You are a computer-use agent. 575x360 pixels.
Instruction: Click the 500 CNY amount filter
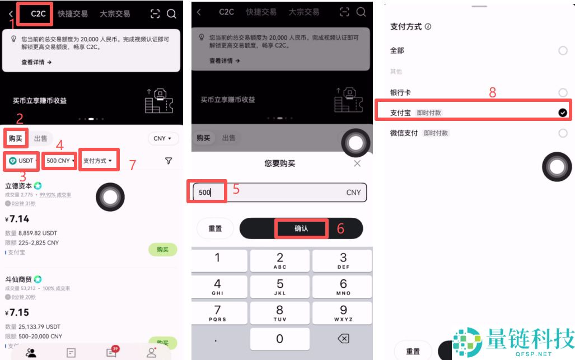point(59,161)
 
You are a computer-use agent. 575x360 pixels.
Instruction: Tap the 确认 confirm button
point(301,228)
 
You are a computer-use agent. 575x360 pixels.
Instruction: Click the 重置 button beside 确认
point(215,228)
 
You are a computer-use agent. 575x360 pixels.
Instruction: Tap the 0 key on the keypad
point(280,339)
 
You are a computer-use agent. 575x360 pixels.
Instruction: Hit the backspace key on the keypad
point(343,339)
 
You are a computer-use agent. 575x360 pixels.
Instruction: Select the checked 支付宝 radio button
point(563,113)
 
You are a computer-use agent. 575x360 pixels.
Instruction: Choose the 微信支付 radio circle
point(563,133)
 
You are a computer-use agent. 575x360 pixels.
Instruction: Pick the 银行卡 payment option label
point(400,92)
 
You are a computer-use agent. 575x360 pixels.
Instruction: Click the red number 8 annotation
point(493,93)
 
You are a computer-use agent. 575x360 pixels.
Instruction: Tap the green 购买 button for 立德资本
point(162,249)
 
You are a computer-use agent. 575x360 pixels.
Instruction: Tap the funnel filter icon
point(169,161)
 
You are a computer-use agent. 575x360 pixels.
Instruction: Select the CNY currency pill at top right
point(163,138)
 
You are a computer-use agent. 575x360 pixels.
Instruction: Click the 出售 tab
point(40,138)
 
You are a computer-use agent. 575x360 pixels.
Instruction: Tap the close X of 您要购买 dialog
point(357,163)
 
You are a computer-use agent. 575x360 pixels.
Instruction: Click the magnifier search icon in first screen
point(171,14)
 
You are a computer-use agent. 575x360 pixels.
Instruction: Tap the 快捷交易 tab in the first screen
point(73,14)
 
